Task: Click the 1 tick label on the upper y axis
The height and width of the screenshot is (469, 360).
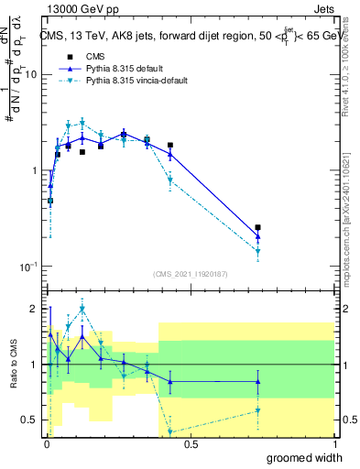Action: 33,171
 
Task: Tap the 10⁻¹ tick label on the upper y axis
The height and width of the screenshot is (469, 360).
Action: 28,266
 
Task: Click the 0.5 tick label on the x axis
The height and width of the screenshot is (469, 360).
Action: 191,442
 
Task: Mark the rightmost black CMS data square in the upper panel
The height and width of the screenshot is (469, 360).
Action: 258,227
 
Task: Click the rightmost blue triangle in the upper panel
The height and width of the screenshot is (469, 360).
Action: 258,236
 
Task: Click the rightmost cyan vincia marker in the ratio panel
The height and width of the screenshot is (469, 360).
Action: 258,410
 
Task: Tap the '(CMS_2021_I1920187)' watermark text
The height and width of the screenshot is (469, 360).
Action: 190,274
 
